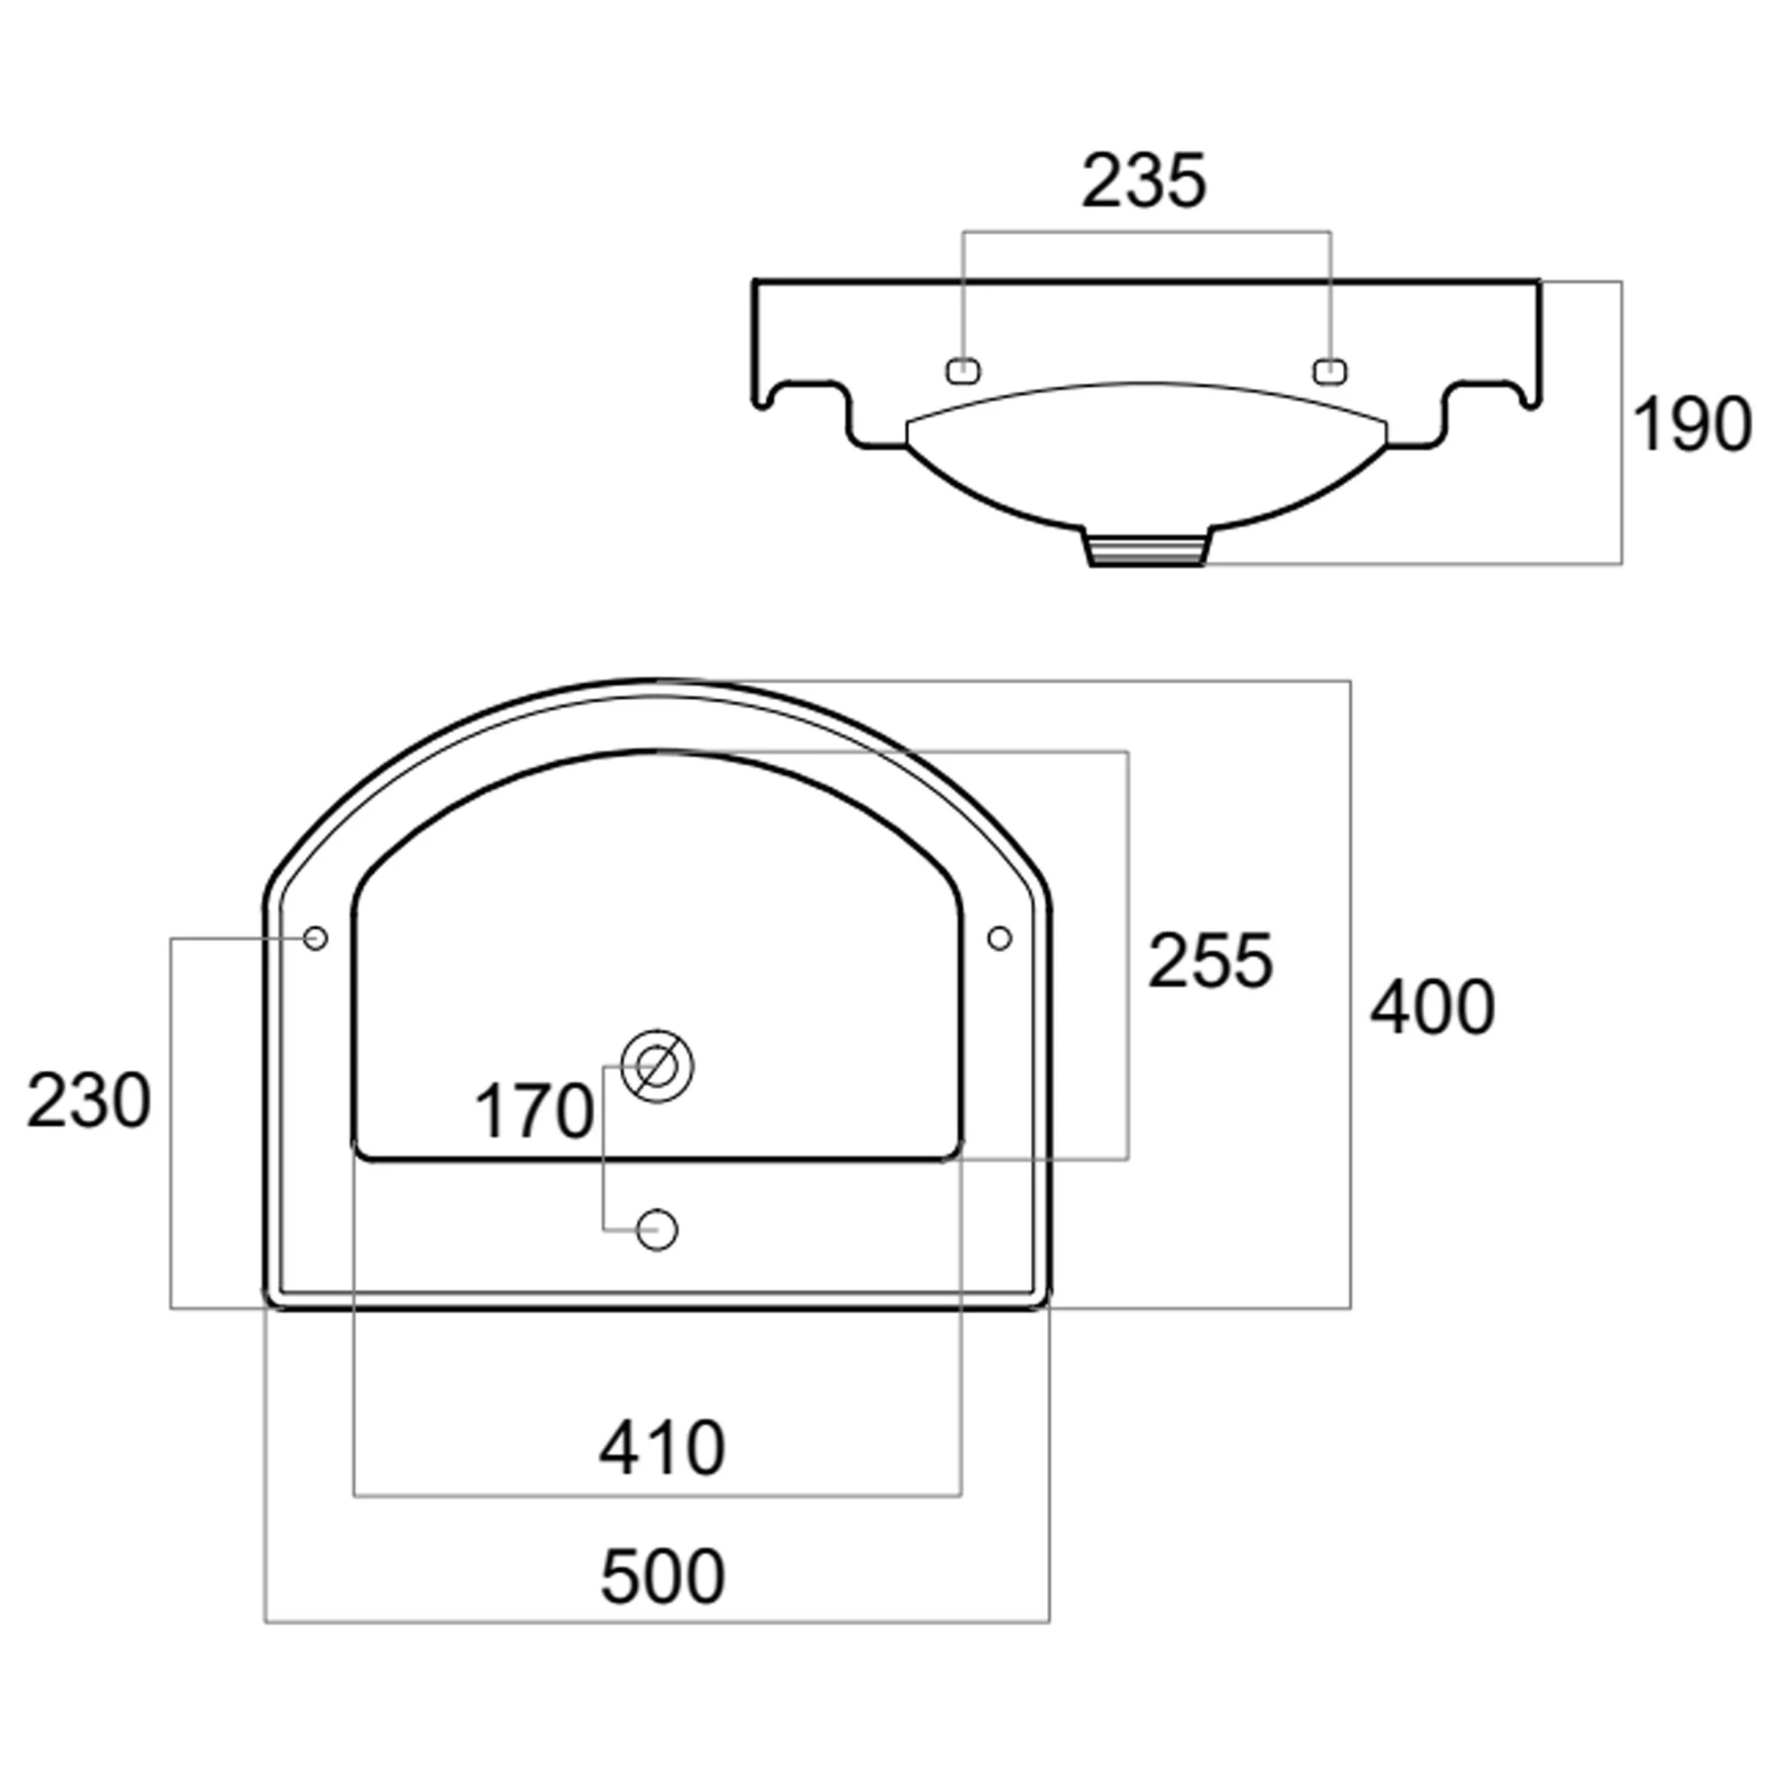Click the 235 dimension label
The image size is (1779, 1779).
tap(1143, 181)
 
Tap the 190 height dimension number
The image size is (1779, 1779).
tap(1692, 424)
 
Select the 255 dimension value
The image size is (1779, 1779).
tap(1210, 961)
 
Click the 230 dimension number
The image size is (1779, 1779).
tap(88, 1100)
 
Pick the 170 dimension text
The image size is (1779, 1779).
tap(533, 1111)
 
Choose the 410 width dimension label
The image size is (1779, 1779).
tap(662, 1448)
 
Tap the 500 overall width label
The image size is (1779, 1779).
tap(663, 1576)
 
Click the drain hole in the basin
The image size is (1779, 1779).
tap(656, 1067)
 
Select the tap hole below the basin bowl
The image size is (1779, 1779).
tap(657, 1229)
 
